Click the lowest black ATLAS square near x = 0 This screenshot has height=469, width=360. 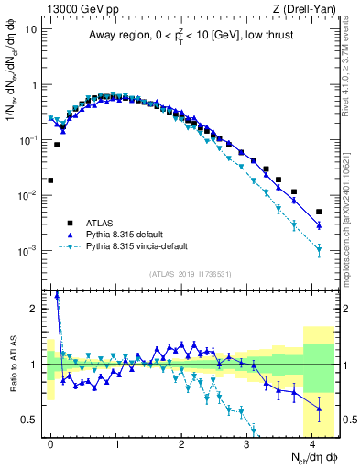[50, 180]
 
